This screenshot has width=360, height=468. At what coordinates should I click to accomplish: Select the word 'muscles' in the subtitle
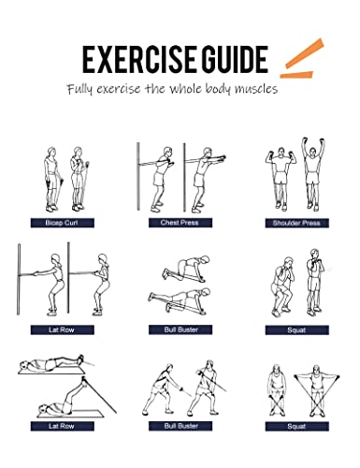coord(256,89)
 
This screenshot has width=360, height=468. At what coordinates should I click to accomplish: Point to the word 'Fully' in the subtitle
coord(79,89)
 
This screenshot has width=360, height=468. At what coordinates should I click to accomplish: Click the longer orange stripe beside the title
coord(305,53)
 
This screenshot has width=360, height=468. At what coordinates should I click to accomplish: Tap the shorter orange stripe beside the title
coord(296,75)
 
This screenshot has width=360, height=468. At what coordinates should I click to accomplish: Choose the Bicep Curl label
coord(63,223)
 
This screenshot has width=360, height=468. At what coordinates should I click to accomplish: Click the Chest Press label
coord(180,223)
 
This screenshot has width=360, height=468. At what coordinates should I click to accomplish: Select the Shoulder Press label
coord(297,223)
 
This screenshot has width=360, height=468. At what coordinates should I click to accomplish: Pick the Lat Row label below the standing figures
coord(63,329)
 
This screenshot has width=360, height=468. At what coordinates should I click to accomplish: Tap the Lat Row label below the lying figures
coord(63,426)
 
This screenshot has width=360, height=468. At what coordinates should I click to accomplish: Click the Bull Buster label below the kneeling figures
coord(180,329)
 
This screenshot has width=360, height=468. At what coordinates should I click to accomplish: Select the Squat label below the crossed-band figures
coord(297,426)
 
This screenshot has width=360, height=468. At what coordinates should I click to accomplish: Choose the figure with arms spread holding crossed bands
coord(317,390)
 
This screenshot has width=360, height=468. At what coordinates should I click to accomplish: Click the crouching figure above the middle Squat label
coord(282,287)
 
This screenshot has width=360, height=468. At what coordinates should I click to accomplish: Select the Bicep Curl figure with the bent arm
coord(78,179)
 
